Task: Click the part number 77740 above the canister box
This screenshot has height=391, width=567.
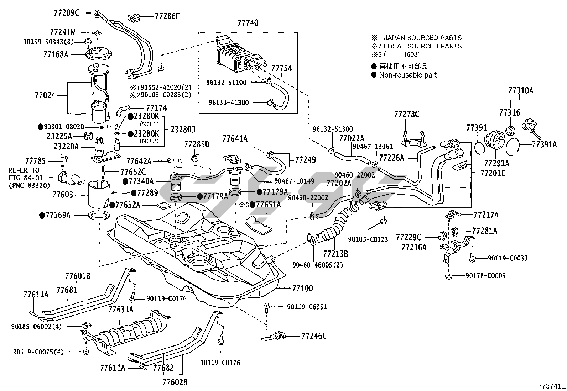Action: pos(248,23)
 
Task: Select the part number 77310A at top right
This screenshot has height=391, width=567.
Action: pos(521,91)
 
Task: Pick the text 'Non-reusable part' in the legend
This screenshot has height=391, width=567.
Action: pos(408,75)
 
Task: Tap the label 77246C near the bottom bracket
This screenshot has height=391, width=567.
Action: pos(314,336)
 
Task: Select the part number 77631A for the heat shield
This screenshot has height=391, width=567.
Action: pos(121,310)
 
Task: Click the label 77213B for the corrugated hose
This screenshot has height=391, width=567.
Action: pos(335,254)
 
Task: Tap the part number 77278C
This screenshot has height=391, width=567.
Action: pos(407,114)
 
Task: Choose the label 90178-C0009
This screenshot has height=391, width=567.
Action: pos(485,276)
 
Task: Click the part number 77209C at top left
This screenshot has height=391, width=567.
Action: pos(67,13)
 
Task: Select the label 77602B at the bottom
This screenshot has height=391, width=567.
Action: pos(175,383)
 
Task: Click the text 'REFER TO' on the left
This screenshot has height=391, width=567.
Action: pos(24,170)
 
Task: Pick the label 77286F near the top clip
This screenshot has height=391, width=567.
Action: pos(167,16)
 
